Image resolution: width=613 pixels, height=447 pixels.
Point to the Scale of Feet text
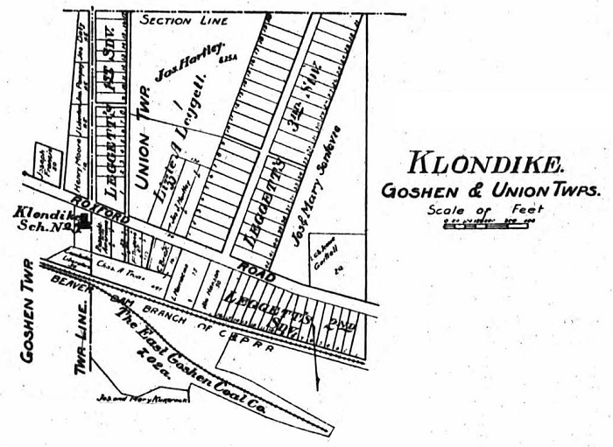point(485,210)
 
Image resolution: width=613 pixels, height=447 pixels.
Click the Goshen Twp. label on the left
point(26,305)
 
